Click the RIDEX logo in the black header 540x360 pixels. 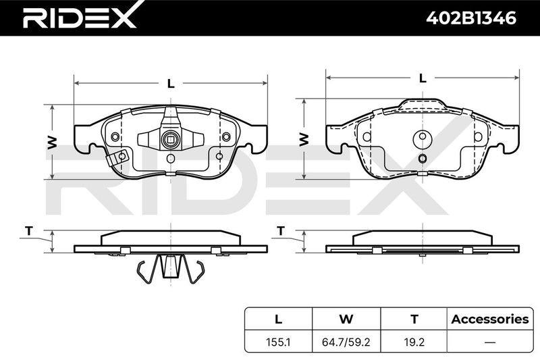pyautogui.click(x=79, y=18)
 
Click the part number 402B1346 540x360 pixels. pyautogui.click(x=471, y=18)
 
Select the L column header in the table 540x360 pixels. pyautogui.click(x=278, y=319)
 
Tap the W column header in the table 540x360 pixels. pyautogui.click(x=346, y=319)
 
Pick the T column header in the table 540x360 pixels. pyautogui.click(x=414, y=319)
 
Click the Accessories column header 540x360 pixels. pyautogui.click(x=490, y=319)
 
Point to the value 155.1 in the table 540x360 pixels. pyautogui.click(x=278, y=342)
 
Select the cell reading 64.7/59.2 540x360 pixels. pyautogui.click(x=346, y=342)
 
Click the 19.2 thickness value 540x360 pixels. pyautogui.click(x=414, y=342)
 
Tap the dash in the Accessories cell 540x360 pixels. pyautogui.click(x=490, y=342)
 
